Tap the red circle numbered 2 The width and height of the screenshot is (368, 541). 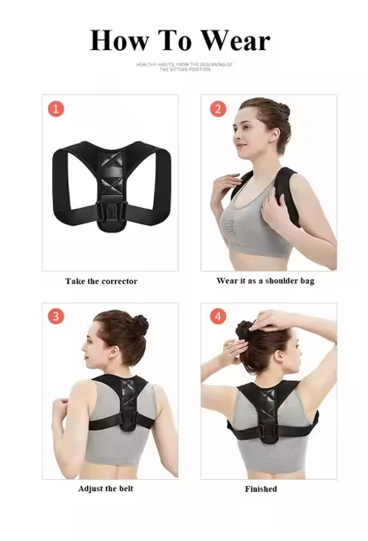218,109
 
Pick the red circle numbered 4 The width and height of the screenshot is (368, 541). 218,317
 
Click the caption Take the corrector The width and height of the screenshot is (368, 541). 101,281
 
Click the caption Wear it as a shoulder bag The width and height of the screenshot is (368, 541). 265,281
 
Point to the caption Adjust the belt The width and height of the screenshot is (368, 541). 106,488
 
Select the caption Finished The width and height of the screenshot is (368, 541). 261,488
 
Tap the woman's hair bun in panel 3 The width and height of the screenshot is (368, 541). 140,323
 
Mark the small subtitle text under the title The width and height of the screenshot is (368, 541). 184,66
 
